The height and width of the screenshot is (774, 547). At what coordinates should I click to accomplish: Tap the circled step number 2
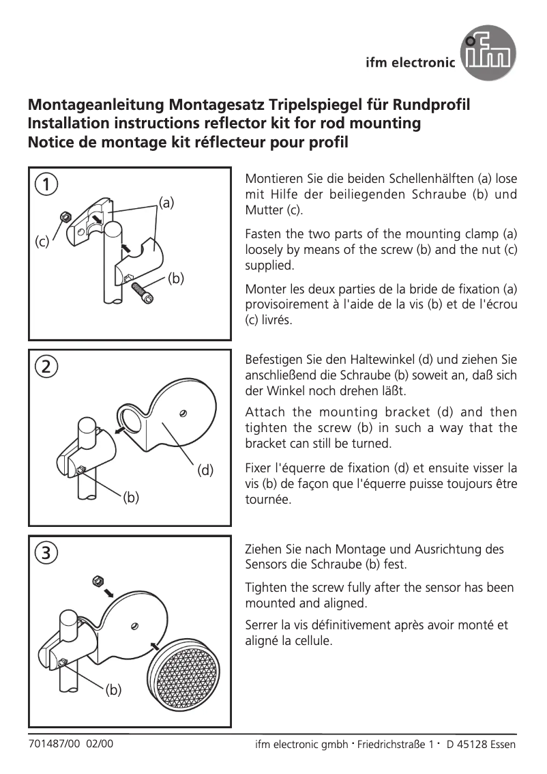pyautogui.click(x=46, y=366)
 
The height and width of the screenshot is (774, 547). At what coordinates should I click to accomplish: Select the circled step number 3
pyautogui.click(x=46, y=551)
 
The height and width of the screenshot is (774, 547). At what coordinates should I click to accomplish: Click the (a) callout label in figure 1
pyautogui.click(x=166, y=202)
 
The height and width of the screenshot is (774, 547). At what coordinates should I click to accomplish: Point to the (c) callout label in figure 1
pyautogui.click(x=42, y=242)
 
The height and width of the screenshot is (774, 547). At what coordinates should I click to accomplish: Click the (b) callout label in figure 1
pyautogui.click(x=176, y=278)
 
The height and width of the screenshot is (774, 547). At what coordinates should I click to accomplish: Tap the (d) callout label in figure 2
pyautogui.click(x=205, y=470)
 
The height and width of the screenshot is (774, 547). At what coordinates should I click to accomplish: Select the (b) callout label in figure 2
pyautogui.click(x=131, y=498)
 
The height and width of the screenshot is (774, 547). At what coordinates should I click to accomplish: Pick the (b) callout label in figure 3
pyautogui.click(x=113, y=690)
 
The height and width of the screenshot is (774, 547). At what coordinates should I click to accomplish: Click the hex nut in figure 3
pyautogui.click(x=98, y=581)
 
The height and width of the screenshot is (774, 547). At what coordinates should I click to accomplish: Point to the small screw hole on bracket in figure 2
pyautogui.click(x=183, y=412)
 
